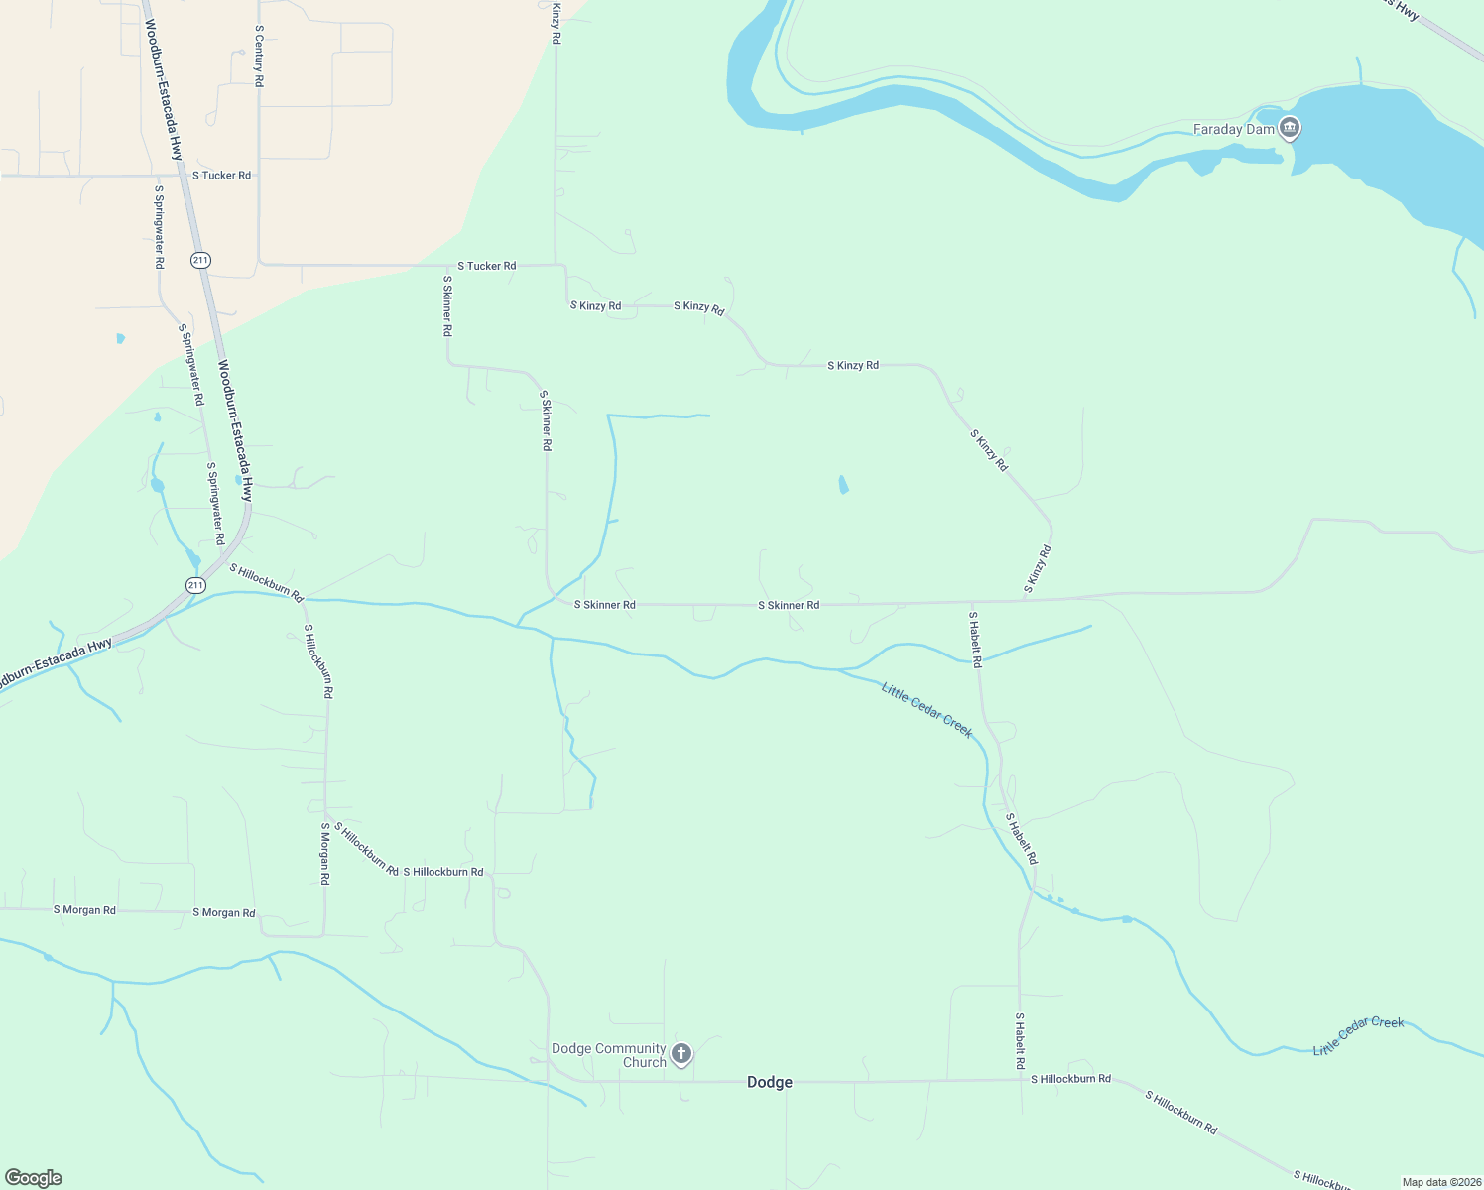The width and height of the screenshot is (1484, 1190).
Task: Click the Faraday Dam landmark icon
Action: [1290, 129]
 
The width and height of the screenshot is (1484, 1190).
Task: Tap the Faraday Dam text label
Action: [1233, 129]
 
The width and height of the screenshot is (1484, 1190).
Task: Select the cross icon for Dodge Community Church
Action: [681, 1053]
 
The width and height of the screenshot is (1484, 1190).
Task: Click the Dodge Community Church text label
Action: [609, 1055]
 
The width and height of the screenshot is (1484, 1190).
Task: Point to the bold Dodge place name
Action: [770, 1082]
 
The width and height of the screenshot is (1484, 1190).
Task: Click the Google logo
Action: [34, 1178]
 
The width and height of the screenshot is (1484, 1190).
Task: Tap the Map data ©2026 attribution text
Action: [1440, 1182]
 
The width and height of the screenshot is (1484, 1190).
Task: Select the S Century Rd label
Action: [259, 56]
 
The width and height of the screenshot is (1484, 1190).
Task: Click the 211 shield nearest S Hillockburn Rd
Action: [195, 585]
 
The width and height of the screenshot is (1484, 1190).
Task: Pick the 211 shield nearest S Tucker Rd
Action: [201, 260]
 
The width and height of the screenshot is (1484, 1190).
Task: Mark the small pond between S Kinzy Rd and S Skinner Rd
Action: [843, 484]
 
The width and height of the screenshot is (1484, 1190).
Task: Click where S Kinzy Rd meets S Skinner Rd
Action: [1025, 601]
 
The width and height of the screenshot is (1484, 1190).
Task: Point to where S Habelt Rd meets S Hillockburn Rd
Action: [1020, 1080]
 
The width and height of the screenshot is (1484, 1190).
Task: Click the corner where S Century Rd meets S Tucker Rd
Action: [260, 264]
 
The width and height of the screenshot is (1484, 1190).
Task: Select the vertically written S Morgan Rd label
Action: [324, 853]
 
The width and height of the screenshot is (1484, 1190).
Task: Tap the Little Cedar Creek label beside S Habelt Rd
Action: [927, 709]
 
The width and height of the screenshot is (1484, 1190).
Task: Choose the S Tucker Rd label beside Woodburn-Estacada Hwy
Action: [221, 176]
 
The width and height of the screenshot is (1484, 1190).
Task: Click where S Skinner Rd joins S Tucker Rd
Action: [448, 266]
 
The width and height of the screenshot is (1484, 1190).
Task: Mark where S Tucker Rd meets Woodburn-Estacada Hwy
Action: [185, 176]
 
